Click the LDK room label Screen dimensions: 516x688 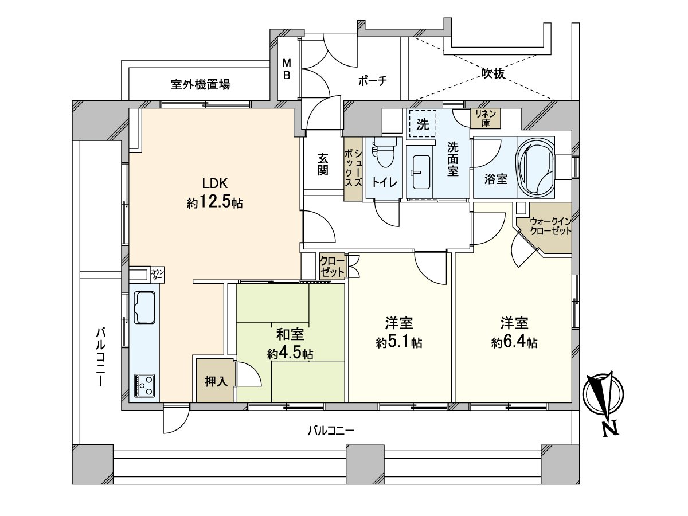[215, 183]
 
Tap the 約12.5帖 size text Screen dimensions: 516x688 [215, 203]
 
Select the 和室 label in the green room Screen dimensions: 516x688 [290, 334]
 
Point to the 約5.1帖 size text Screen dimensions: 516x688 [399, 342]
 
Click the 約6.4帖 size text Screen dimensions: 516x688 [514, 342]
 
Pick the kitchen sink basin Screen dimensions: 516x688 [144, 307]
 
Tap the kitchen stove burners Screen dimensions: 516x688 [144, 385]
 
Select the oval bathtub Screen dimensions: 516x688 [537, 166]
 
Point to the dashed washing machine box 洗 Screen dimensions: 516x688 [423, 125]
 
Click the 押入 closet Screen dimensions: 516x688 [216, 381]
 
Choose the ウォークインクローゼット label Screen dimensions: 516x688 [550, 226]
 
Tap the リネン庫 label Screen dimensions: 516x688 [486, 118]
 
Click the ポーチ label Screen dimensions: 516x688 [373, 81]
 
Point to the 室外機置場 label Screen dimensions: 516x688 [201, 85]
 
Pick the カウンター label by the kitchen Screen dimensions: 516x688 [157, 275]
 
